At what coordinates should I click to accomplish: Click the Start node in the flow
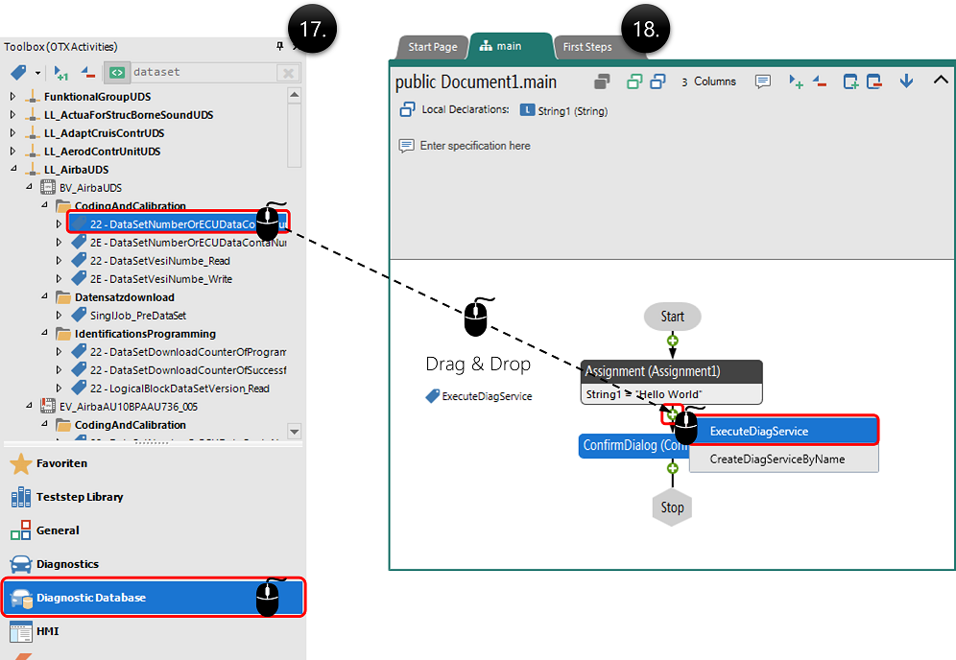(672, 317)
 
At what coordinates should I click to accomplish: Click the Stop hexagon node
(672, 507)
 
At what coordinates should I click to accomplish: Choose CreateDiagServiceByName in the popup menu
(777, 459)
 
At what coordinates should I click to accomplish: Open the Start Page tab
(433, 47)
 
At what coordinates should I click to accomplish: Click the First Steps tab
(586, 47)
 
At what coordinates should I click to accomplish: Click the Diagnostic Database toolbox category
(91, 598)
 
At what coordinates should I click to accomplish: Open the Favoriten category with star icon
(61, 463)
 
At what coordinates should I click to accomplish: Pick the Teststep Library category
(80, 497)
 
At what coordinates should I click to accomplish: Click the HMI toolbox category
(47, 631)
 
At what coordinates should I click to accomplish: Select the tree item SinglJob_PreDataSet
(138, 316)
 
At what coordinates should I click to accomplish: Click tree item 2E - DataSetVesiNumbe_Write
(160, 279)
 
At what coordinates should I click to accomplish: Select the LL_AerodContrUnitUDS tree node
(102, 152)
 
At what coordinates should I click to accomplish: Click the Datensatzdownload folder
(125, 297)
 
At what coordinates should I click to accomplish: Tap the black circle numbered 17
(314, 29)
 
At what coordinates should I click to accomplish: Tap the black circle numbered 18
(646, 29)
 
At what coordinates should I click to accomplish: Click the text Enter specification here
(474, 146)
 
